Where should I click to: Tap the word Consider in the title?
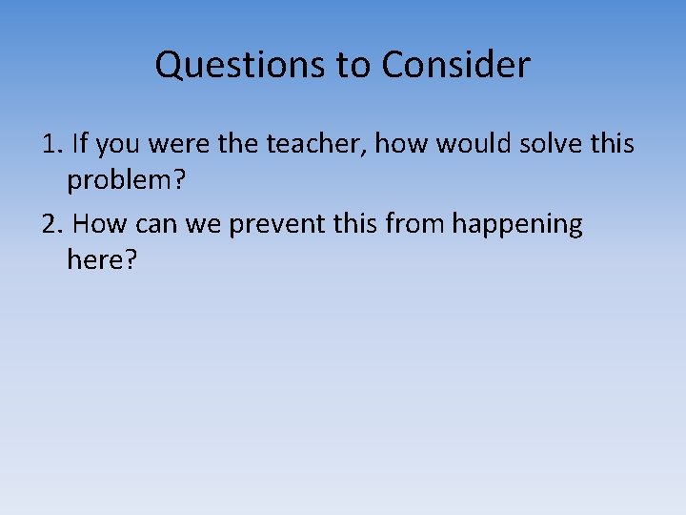[x=455, y=66]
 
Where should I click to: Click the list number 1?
[x=50, y=145]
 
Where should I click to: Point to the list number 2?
[x=50, y=225]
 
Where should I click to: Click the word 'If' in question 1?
[x=80, y=145]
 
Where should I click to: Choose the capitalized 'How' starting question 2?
[x=93, y=225]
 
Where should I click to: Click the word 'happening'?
[x=517, y=225]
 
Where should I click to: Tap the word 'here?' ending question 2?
[x=102, y=258]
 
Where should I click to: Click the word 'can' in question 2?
[x=144, y=225]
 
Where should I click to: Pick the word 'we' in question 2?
[x=195, y=225]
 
